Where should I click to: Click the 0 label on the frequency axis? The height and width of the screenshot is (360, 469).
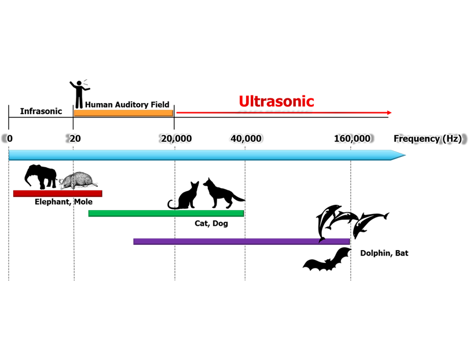(x=9, y=139)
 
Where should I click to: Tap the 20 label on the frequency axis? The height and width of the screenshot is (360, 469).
(x=75, y=139)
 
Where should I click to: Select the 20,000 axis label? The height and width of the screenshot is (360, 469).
(x=176, y=139)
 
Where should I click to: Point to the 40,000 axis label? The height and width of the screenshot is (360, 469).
(x=246, y=139)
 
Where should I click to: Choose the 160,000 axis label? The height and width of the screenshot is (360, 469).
(x=352, y=139)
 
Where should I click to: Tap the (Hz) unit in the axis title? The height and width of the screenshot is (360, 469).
(x=451, y=139)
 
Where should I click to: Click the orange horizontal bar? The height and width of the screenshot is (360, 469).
(x=123, y=112)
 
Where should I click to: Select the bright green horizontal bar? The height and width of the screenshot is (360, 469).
(x=166, y=213)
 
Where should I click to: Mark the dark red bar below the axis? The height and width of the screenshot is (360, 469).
(x=55, y=193)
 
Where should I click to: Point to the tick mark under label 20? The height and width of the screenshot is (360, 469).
(x=73, y=148)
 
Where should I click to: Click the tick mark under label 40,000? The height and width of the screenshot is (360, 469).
(x=245, y=148)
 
